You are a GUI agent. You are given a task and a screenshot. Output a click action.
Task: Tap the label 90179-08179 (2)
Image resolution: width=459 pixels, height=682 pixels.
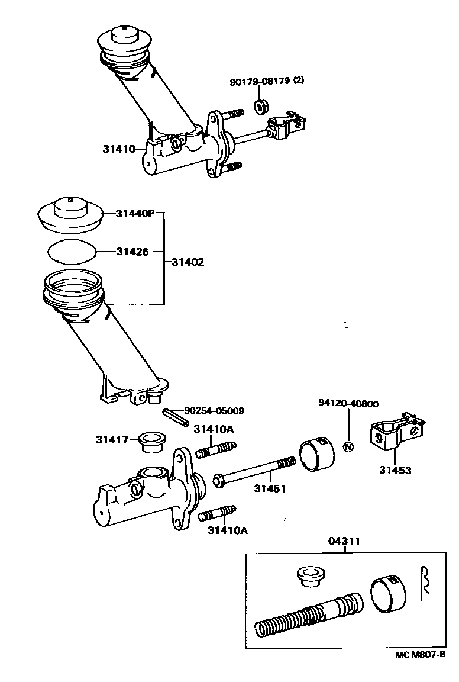coord(267,81)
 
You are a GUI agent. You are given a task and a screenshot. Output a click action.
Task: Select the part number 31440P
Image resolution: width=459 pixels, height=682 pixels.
coord(135,214)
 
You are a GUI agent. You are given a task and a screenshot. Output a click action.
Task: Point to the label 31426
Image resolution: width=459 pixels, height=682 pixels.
coord(131,252)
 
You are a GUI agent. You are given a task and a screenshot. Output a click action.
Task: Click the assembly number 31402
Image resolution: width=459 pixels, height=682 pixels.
coord(188,262)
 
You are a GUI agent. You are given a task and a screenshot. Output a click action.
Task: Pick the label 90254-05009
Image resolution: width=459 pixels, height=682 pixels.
coord(214,410)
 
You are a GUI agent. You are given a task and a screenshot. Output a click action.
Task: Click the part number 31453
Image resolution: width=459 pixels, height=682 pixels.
coord(395,471)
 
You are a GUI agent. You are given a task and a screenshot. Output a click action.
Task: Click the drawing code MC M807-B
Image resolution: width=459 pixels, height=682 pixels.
coord(421,655)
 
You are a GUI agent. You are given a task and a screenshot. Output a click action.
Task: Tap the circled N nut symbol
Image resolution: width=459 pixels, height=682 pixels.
coord(348,446)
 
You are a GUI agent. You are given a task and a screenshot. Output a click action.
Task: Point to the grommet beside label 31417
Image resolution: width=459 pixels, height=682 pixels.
coord(151,441)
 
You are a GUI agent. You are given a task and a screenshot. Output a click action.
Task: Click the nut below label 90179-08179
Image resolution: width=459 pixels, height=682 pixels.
coord(260,107)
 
